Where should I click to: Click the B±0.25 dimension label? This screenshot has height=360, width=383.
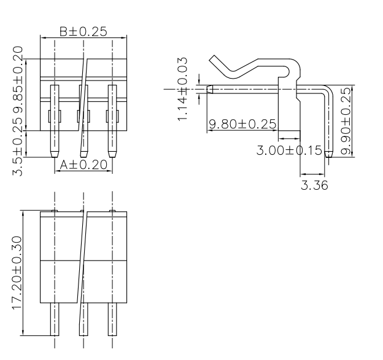[x=83, y=31]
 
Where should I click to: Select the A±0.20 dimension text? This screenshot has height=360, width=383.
[x=83, y=165]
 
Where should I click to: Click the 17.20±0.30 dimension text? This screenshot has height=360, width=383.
[x=18, y=273]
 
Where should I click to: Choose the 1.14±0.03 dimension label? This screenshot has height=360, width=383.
[x=182, y=89]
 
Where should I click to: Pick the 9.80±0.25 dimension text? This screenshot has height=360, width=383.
[x=243, y=124]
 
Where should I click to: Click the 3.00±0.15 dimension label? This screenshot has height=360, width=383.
[x=289, y=150]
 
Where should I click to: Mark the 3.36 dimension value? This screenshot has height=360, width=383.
[x=314, y=185]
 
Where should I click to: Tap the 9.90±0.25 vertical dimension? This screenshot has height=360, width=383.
[x=346, y=122]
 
